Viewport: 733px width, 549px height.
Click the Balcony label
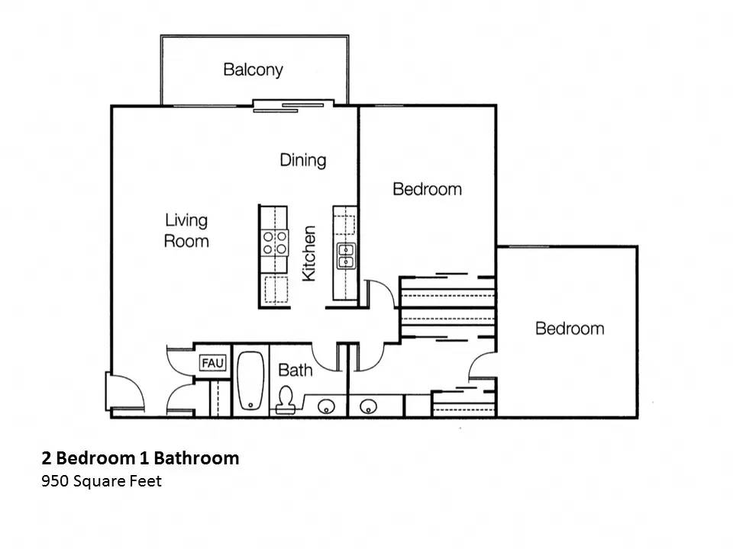tap(253, 69)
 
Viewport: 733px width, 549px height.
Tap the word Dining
tap(302, 160)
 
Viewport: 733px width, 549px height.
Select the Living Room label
tap(186, 230)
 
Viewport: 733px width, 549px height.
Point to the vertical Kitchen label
tap(309, 252)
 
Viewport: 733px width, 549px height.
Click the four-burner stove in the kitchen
tap(275, 242)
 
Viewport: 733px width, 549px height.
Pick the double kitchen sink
tap(346, 255)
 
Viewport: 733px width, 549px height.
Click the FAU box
tap(212, 364)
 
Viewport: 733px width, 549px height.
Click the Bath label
tap(295, 371)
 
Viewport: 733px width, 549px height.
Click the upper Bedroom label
tap(427, 188)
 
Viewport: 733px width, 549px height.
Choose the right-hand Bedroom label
tap(569, 329)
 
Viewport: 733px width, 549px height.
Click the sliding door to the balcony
tap(294, 105)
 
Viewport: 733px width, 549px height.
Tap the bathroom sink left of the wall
tap(326, 405)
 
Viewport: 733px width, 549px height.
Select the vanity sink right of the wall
tap(369, 405)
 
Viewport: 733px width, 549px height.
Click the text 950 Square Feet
tap(102, 481)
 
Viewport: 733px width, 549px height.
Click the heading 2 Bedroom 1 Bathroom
tap(140, 458)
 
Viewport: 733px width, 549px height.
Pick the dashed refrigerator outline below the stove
tap(276, 290)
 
